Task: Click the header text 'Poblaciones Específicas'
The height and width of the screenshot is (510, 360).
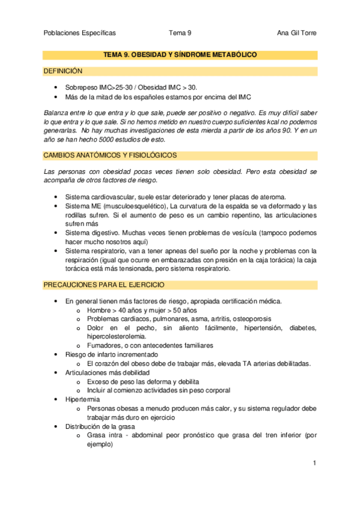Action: pyautogui.click(x=80, y=33)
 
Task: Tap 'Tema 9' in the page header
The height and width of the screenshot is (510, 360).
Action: pyautogui.click(x=180, y=33)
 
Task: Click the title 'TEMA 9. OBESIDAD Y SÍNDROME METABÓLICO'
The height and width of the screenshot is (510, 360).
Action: pyautogui.click(x=180, y=55)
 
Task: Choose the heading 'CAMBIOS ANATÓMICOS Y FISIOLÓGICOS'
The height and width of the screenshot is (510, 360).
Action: pyautogui.click(x=110, y=155)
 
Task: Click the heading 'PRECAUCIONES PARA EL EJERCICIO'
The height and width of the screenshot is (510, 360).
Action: pyautogui.click(x=104, y=284)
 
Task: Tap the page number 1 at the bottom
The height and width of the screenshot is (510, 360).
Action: pyautogui.click(x=314, y=463)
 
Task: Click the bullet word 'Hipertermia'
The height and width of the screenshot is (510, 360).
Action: pyautogui.click(x=82, y=399)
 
